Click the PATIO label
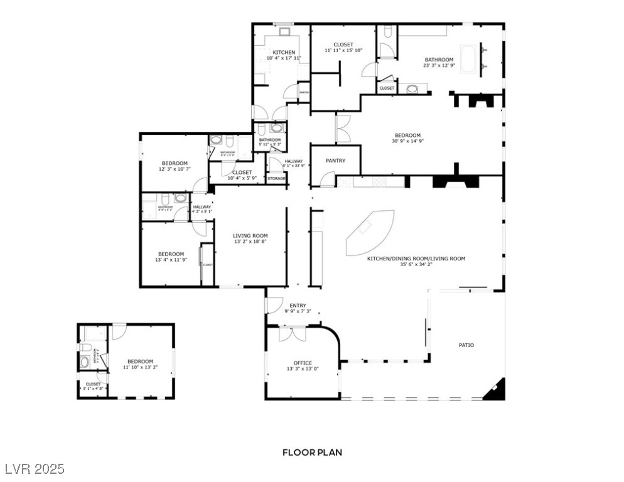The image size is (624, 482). coord(466,345)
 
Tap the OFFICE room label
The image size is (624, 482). coord(303,363)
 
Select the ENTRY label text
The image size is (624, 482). coord(298,306)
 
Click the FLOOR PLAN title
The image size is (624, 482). coord(312,452)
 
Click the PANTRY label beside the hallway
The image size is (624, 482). coord(335,161)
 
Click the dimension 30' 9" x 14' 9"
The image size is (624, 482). coord(407,141)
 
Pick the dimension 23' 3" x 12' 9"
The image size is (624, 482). coord(438,65)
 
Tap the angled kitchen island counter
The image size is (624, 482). coord(370,233)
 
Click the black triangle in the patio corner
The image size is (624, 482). coord(497,390)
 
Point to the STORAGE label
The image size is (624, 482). coord(276,179)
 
